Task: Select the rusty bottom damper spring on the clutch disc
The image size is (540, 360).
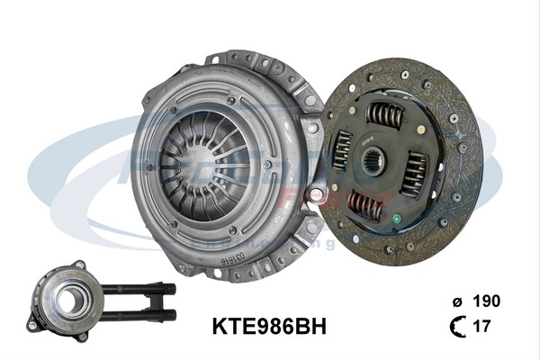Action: click(367, 206)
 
